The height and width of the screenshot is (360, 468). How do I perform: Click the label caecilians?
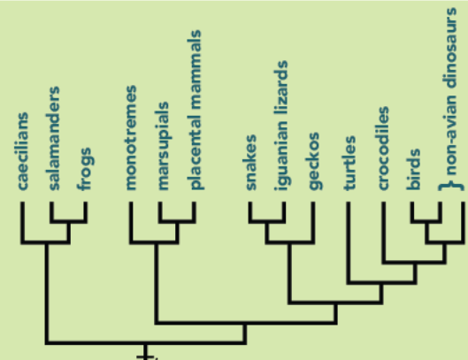[23, 151]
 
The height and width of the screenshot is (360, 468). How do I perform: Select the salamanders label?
[54, 138]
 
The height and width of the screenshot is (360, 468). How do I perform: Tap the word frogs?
[85, 169]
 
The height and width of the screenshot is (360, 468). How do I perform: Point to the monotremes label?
[131, 138]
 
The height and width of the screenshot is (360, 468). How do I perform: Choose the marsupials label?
[164, 146]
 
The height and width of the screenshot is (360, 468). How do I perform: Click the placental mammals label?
[196, 110]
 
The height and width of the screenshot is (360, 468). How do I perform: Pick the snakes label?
[250, 163]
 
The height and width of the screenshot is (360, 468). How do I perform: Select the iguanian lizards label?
[281, 126]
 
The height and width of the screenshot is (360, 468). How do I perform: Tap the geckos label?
[314, 161]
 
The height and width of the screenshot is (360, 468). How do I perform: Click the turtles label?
[349, 163]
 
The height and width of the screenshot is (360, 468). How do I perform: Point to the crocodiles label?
[384, 148]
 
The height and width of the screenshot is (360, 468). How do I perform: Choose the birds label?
[414, 169]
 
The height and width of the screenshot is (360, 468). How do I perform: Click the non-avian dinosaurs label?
[451, 91]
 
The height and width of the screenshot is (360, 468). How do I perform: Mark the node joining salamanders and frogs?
[69, 221]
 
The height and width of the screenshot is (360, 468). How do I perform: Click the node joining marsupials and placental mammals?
[177, 221]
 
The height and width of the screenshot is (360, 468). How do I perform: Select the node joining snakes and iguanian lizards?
[267, 221]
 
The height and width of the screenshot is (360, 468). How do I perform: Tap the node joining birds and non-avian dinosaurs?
[426, 221]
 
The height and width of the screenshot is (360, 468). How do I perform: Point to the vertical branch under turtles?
[349, 242]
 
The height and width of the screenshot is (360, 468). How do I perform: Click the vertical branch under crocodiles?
[384, 232]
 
